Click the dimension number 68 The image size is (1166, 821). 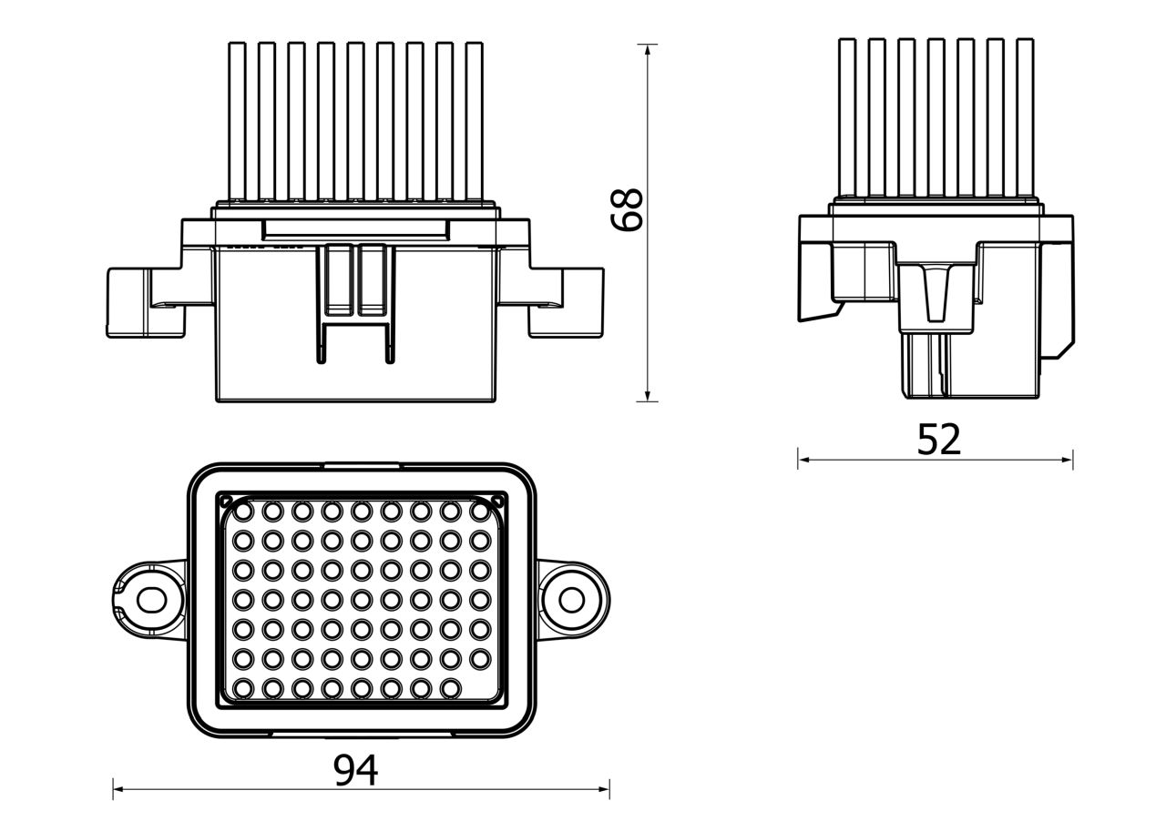click(x=627, y=209)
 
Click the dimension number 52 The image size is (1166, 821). click(x=938, y=440)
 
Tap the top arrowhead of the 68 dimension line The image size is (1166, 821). click(x=647, y=50)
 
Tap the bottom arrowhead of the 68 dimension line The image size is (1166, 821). click(x=647, y=395)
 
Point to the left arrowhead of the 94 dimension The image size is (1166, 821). click(x=119, y=804)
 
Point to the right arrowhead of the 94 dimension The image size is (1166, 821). click(x=603, y=804)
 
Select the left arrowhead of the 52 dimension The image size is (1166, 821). click(x=804, y=460)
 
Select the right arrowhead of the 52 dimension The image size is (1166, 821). click(x=1067, y=460)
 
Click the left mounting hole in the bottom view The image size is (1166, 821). click(x=151, y=600)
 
